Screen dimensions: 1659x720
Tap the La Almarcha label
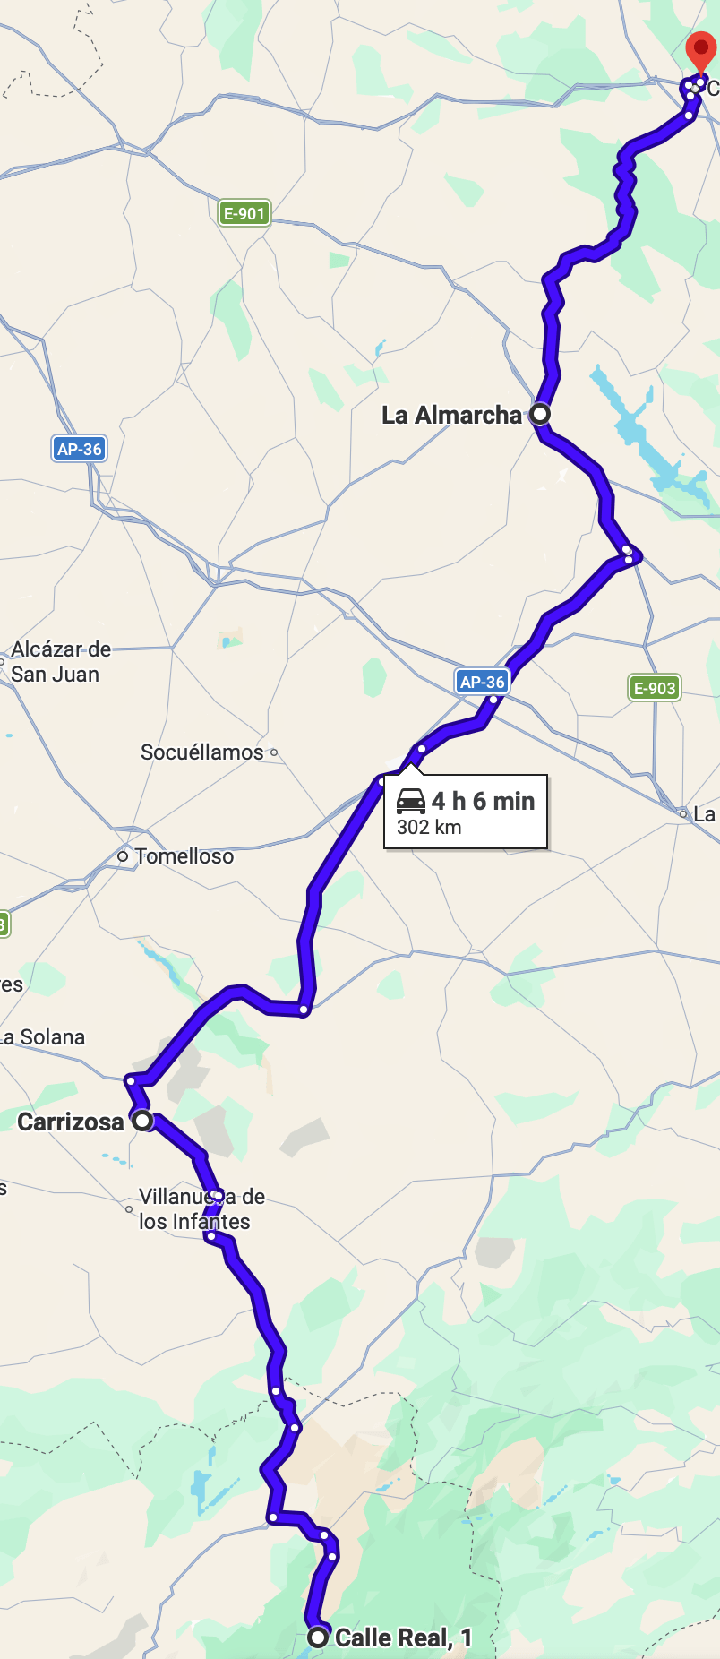click(x=451, y=415)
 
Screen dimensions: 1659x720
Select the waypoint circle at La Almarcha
click(x=540, y=414)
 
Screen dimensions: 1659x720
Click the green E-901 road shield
click(x=244, y=213)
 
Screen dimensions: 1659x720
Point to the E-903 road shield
click(x=655, y=688)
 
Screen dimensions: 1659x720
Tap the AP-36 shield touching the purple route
click(x=483, y=682)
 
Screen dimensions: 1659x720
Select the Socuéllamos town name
click(x=202, y=752)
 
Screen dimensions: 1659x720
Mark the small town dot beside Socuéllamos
click(x=274, y=752)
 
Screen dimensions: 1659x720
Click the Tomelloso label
click(x=184, y=856)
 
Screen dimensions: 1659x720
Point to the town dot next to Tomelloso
click(x=124, y=856)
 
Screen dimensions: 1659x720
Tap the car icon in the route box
click(x=411, y=801)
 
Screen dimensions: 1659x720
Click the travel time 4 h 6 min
click(x=484, y=801)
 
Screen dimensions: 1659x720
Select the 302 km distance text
click(x=429, y=828)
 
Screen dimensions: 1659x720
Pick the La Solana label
click(x=43, y=1037)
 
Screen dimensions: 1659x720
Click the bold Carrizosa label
click(x=71, y=1122)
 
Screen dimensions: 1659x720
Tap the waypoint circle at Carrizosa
click(x=142, y=1121)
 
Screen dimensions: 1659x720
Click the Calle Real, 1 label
click(x=403, y=1638)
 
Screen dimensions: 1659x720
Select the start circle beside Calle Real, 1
click(x=318, y=1638)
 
